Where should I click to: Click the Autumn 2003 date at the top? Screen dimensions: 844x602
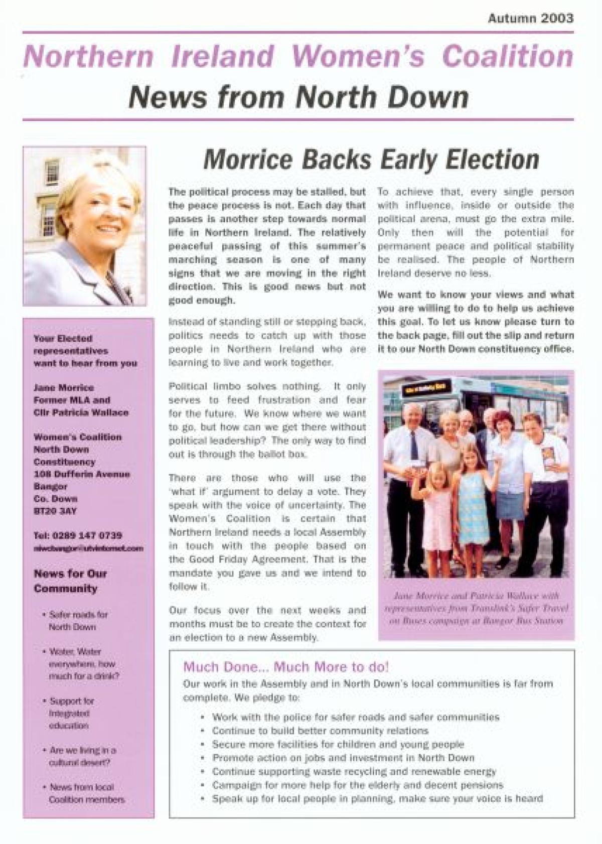(x=530, y=19)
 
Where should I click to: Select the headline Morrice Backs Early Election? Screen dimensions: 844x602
(x=371, y=160)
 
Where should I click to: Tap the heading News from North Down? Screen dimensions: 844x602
(x=298, y=97)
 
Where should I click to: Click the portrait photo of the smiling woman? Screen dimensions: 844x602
(x=84, y=226)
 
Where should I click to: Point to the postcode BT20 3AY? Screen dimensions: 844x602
(x=55, y=511)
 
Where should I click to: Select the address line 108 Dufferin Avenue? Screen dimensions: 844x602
(x=81, y=474)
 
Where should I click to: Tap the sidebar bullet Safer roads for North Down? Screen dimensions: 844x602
(x=78, y=621)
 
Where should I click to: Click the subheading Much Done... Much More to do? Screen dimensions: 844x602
(x=285, y=667)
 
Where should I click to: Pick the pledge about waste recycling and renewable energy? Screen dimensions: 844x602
(x=354, y=771)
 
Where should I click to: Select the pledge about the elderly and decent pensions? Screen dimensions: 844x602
(x=357, y=785)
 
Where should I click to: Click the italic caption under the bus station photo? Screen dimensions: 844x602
(x=476, y=608)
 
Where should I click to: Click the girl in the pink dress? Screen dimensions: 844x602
(x=439, y=507)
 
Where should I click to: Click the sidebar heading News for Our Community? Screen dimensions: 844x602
(x=70, y=581)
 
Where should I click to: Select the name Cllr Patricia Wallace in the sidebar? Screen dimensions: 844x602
(x=81, y=412)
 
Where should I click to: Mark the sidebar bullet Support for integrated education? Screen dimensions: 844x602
(x=71, y=713)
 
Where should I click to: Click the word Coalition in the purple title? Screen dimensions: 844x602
(x=507, y=56)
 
